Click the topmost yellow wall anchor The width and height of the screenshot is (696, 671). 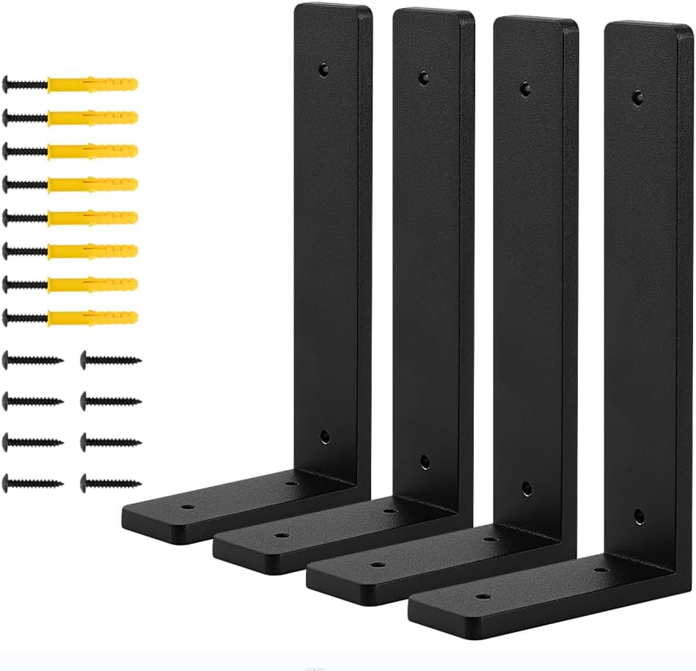pos(92,84)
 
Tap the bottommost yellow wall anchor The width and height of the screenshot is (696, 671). pos(92,318)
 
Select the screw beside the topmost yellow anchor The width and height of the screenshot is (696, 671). pos(26,84)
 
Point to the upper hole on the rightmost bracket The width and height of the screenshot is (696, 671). pos(638,95)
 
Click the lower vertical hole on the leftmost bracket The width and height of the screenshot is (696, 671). pos(325,437)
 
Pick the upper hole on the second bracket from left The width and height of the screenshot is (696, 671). pos(423,76)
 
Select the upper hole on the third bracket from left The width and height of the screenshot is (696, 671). pos(524,87)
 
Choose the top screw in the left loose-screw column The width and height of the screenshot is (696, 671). pos(33,359)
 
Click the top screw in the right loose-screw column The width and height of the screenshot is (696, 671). pos(110,359)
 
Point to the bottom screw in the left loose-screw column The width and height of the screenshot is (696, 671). pos(33,483)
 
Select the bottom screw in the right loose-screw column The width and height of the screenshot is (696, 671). pos(110,483)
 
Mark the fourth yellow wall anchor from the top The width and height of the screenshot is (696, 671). pos(92,184)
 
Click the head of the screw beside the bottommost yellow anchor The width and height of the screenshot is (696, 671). pos(9,318)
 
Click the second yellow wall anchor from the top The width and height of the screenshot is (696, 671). pos(92,117)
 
